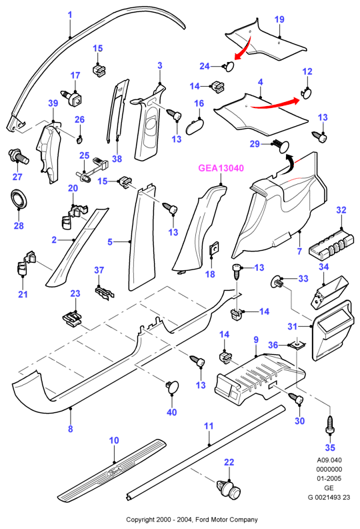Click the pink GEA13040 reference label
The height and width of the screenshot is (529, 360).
coord(221,168)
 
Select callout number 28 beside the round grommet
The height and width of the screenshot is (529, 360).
coord(19,225)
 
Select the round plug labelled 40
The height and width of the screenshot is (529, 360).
coord(173,387)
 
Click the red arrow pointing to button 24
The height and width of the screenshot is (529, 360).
coord(244,48)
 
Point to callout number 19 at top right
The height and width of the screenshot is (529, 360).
coord(279,19)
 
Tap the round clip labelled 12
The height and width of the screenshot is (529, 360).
coord(307,93)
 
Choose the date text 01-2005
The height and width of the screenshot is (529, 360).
coord(329,478)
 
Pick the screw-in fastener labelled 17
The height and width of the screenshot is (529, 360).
coord(72,97)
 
